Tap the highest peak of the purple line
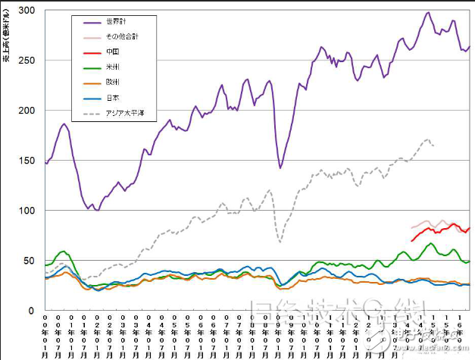coord(429,12)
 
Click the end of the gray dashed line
coord(433,145)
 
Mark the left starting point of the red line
coord(411,241)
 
